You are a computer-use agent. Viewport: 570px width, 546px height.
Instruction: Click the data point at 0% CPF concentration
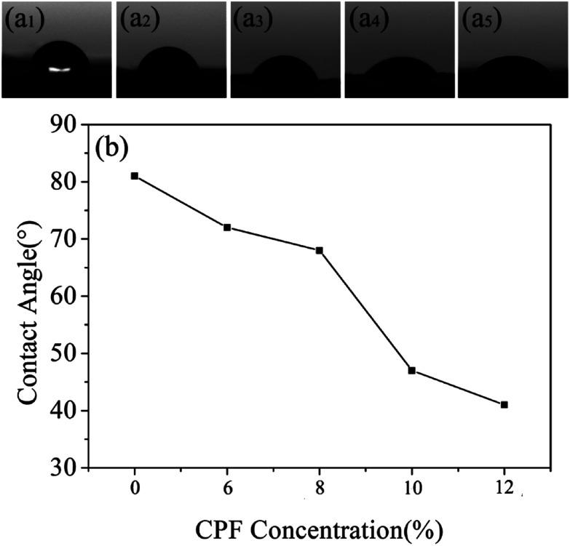135,175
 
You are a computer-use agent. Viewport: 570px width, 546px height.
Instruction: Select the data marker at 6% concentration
227,228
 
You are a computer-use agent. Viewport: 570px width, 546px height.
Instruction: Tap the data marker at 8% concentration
319,250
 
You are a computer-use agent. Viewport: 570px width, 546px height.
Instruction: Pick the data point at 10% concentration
411,370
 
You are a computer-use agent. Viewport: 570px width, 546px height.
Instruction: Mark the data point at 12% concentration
504,404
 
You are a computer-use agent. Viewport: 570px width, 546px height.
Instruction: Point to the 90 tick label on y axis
65,124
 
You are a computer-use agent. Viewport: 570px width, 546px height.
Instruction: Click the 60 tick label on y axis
65,296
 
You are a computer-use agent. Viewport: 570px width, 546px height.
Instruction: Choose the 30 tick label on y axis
65,468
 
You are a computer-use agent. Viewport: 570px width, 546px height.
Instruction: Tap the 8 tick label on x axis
319,491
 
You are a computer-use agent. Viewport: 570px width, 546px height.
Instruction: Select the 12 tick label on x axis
504,491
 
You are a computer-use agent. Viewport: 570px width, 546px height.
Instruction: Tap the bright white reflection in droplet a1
60,70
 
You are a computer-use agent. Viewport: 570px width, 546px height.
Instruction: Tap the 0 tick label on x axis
135,491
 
